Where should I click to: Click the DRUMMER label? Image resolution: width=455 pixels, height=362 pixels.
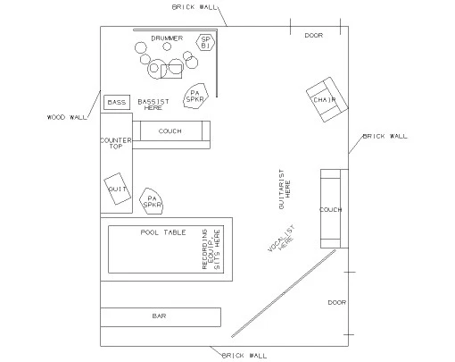[x=167, y=38]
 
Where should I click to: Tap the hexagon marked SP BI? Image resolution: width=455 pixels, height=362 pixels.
[x=205, y=42]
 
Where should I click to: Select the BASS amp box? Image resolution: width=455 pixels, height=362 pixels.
[x=117, y=103]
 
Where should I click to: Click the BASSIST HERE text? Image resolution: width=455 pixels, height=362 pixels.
[x=153, y=105]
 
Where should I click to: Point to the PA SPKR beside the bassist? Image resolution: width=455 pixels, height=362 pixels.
[x=195, y=96]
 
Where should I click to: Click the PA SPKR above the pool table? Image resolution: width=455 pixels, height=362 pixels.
[x=152, y=201]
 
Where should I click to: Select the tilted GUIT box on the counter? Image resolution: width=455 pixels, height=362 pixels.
[x=117, y=189]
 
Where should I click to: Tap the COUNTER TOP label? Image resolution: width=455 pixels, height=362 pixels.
[x=116, y=143]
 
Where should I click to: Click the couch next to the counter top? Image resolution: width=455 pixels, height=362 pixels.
[x=171, y=135]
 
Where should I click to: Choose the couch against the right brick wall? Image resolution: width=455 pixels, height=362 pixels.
[x=335, y=208]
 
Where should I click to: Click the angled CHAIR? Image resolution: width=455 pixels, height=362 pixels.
[x=327, y=99]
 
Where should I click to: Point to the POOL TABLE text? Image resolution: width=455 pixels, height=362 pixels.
[x=163, y=232]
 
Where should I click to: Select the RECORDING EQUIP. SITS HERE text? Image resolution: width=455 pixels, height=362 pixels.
[x=211, y=249]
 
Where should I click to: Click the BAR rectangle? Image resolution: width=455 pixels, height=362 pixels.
[x=161, y=317]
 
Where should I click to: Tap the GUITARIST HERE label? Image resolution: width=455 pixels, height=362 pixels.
[x=285, y=189]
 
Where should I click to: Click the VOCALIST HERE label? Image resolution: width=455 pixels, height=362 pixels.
[x=282, y=239]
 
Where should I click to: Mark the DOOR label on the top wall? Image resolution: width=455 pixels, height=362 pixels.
[x=314, y=36]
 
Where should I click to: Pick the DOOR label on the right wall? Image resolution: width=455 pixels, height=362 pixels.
[x=337, y=303]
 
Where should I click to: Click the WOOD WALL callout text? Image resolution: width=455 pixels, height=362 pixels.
[x=67, y=117]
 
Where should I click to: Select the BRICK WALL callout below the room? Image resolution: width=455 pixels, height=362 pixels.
[x=244, y=356]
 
